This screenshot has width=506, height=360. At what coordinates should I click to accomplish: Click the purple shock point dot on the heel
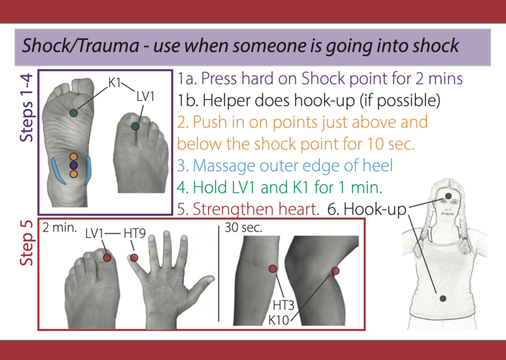[73, 165]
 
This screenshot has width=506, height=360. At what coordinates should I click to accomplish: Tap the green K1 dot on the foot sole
[73, 113]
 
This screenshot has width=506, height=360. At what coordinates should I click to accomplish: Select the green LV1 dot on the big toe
[135, 127]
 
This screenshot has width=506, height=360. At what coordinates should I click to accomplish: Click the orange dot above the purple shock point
[73, 157]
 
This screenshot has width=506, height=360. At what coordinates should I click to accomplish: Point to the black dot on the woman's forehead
[448, 196]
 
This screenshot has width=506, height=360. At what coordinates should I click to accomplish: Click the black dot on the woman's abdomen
[443, 299]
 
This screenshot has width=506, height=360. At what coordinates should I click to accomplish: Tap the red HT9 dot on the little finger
[134, 258]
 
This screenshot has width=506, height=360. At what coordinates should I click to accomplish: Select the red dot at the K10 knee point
[335, 271]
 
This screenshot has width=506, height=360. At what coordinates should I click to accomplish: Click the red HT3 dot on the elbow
[273, 269]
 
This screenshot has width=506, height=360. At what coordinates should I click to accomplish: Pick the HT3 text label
[283, 305]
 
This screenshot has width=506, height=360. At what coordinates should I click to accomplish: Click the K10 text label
[279, 320]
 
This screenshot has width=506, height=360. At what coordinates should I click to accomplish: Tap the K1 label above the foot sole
[114, 83]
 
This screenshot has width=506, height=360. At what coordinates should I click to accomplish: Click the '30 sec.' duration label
[244, 228]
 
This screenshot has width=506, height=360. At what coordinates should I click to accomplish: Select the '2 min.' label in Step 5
[59, 228]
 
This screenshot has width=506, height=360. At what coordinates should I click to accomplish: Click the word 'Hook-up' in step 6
[374, 209]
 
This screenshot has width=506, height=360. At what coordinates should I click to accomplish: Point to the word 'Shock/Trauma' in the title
[80, 46]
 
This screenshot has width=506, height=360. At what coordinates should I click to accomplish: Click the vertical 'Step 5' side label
[27, 243]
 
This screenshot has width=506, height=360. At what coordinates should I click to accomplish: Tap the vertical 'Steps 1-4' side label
[27, 108]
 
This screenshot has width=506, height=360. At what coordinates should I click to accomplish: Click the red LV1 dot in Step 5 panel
[107, 258]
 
